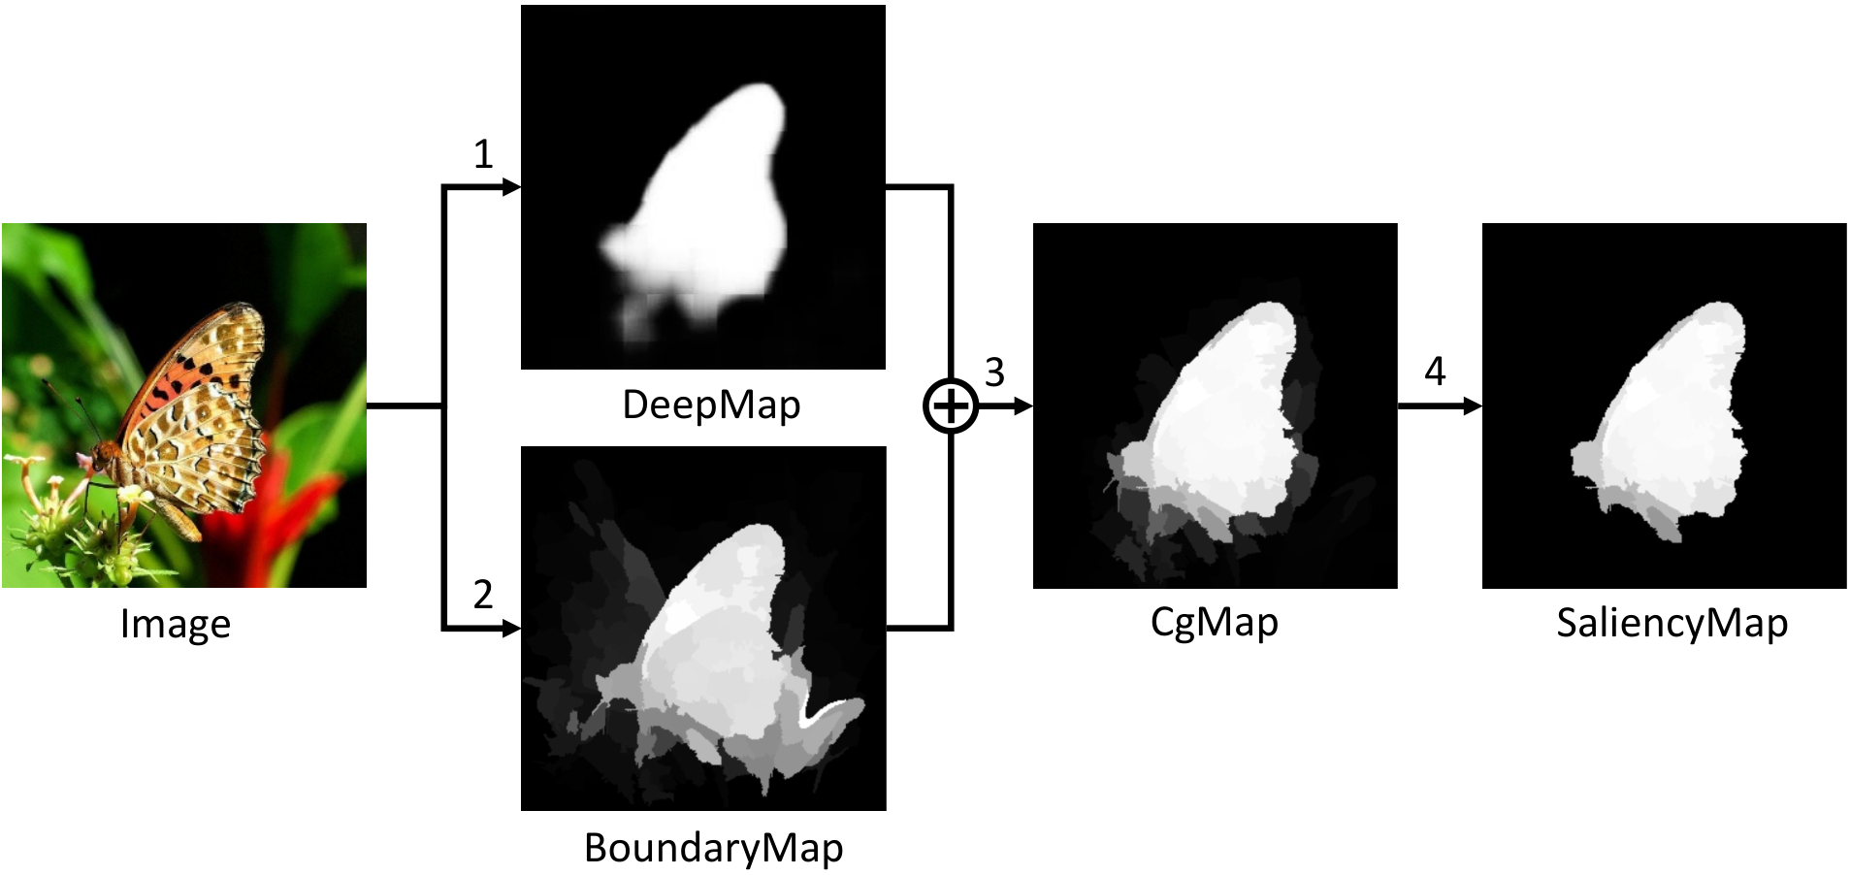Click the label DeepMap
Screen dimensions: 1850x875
click(x=711, y=405)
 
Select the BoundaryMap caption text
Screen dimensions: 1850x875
click(x=713, y=848)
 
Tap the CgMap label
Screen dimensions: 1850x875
click(x=1215, y=623)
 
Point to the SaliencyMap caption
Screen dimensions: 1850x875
click(x=1672, y=623)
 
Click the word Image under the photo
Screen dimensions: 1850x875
click(x=176, y=624)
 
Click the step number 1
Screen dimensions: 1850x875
click(x=483, y=154)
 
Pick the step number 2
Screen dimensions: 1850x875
click(x=483, y=595)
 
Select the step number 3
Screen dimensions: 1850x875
click(x=994, y=373)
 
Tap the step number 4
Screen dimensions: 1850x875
click(x=1435, y=372)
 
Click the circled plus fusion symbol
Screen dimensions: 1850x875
click(x=951, y=406)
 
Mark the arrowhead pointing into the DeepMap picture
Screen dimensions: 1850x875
click(x=511, y=187)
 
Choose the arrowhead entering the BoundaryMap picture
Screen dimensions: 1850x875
click(x=511, y=629)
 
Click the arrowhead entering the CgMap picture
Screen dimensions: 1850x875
click(x=1022, y=406)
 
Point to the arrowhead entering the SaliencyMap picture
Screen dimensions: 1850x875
click(x=1472, y=406)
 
